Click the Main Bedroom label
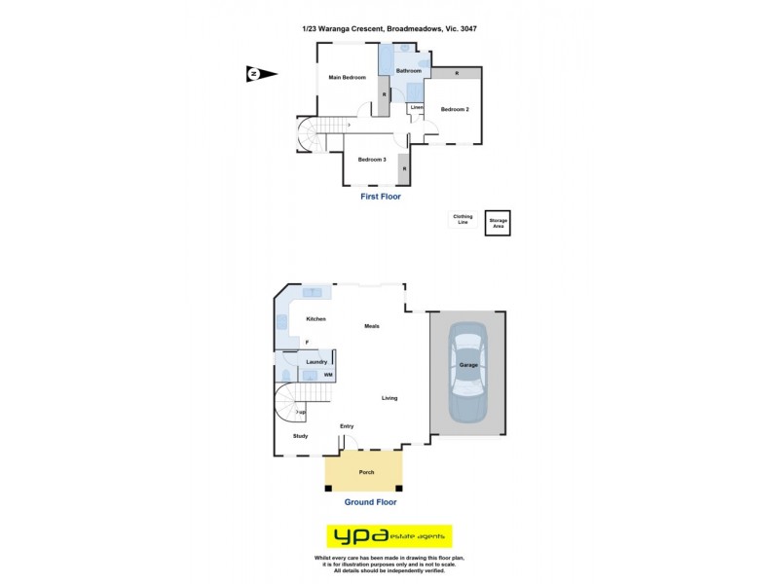347,77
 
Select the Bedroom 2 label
455,109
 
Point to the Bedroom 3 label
372,160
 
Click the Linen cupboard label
417,107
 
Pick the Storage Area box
499,222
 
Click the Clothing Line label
462,220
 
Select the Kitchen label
315,319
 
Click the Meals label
372,326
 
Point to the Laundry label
316,362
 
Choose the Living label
389,397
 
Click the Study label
300,435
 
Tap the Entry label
347,426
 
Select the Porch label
366,472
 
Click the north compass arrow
261,74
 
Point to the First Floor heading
381,197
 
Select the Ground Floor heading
370,502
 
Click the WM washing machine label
328,374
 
